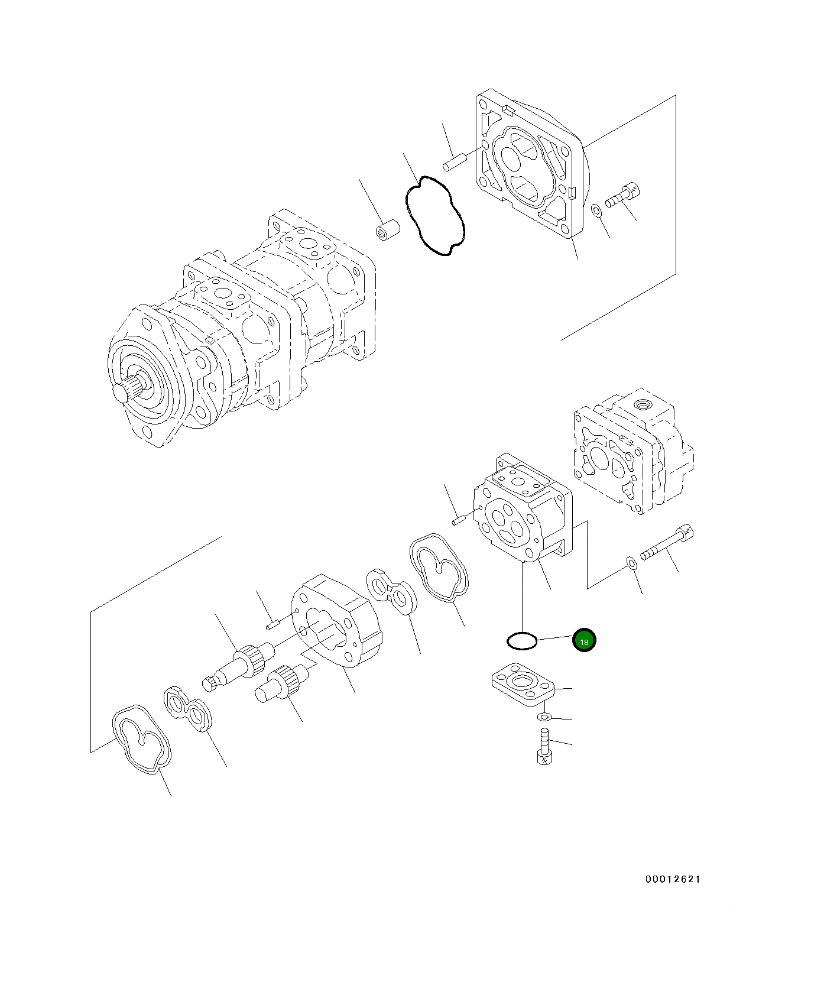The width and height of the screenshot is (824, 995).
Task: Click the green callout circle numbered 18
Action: pos(585,641)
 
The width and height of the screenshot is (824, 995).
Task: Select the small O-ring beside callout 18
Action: pos(522,641)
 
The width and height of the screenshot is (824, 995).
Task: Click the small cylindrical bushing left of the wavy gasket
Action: pos(387,230)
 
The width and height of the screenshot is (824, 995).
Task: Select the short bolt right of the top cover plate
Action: pos(623,196)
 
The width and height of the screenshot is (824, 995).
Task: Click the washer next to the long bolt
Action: pos(631,562)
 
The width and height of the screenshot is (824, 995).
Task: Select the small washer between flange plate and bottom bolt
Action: pos(544,717)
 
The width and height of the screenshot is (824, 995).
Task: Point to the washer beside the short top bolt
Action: pos(597,210)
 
